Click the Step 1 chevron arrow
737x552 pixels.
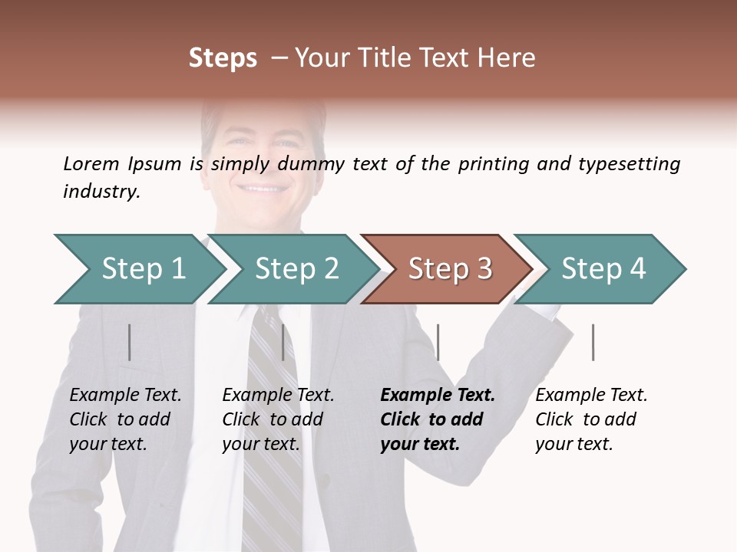[x=142, y=269]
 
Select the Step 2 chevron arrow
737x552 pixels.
[x=296, y=269]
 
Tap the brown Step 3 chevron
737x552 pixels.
[x=449, y=269]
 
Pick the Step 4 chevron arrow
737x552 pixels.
[x=603, y=269]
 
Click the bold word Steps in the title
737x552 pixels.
[x=223, y=58]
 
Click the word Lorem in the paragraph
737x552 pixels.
[x=91, y=163]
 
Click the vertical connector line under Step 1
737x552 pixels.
[x=129, y=342]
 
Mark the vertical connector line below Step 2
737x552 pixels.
[x=283, y=342]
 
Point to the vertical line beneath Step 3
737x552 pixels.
[x=438, y=342]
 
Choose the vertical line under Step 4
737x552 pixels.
[x=593, y=342]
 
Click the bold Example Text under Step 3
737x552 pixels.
[x=438, y=396]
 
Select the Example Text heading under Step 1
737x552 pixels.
[x=125, y=396]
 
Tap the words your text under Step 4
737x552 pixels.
[x=573, y=444]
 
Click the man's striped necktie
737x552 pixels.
[x=273, y=429]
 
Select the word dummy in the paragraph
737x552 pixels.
[x=312, y=164]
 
